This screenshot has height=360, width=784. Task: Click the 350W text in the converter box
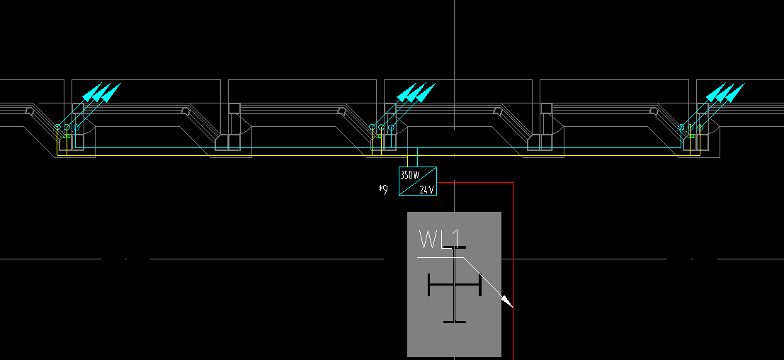click(409, 174)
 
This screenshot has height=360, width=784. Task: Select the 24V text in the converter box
click(426, 189)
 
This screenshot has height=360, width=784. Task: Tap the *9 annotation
click(383, 189)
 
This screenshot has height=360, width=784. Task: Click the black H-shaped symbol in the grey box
click(455, 285)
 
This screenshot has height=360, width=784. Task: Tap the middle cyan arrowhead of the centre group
click(416, 92)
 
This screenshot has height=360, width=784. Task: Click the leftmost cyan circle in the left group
click(57, 127)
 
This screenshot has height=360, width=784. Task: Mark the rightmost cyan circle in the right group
click(700, 127)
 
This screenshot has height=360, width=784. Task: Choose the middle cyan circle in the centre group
click(381, 128)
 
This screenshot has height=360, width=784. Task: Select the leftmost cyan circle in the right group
click(681, 128)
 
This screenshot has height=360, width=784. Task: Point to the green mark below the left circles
click(66, 135)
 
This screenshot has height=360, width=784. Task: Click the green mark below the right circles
click(690, 135)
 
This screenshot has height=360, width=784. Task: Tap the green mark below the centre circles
click(381, 135)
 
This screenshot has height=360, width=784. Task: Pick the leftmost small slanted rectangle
click(28, 111)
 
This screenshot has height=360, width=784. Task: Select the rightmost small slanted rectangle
click(654, 111)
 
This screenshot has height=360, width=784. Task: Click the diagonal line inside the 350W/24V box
click(418, 181)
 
